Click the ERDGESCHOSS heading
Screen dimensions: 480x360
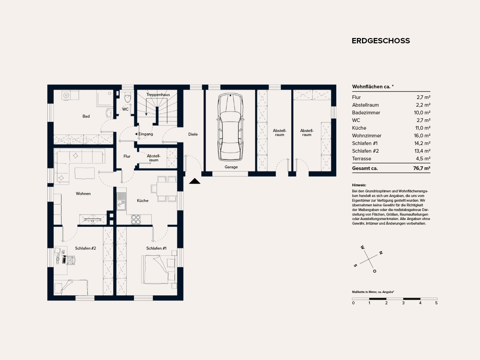point(381,41)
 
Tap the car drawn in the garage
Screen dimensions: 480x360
point(230,127)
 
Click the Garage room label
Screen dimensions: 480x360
point(231,167)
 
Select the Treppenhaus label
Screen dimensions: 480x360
point(158,95)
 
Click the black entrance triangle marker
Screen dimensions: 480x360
point(195,181)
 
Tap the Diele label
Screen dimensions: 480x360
point(193,134)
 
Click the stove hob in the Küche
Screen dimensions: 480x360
point(136,219)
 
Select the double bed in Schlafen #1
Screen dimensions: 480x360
point(159,270)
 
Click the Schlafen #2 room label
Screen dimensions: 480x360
point(86,248)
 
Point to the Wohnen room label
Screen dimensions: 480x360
point(83,194)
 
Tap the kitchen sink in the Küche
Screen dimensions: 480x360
point(121,201)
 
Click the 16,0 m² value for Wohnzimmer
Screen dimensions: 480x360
point(422,136)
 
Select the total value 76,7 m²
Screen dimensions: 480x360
point(422,168)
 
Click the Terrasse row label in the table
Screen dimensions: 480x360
point(361,159)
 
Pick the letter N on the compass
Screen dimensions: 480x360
point(381,253)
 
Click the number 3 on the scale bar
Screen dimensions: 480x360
point(403,303)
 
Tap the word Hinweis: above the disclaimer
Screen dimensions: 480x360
point(359,185)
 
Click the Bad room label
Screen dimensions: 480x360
point(86,116)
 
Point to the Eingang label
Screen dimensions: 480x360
point(146,134)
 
